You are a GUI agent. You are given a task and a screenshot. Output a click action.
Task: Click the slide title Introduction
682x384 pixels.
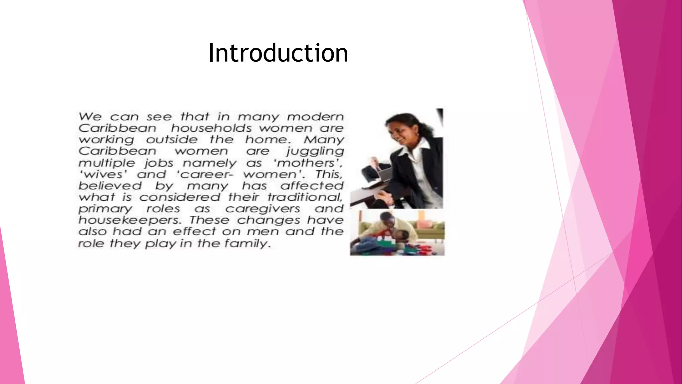(278, 53)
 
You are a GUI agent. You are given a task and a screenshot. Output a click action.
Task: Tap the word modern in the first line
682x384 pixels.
(315, 117)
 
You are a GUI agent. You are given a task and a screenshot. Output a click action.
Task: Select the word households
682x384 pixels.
(211, 128)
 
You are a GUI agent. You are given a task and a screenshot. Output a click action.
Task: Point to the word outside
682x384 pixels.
(171, 140)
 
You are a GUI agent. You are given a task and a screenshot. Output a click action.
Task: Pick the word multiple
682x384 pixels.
(107, 163)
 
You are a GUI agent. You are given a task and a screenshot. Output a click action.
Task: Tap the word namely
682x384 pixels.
(209, 163)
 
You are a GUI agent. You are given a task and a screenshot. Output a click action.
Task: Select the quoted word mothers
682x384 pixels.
(307, 163)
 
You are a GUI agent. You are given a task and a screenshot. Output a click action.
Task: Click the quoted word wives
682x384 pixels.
(103, 174)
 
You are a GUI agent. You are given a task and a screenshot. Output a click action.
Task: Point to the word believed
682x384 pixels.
(110, 186)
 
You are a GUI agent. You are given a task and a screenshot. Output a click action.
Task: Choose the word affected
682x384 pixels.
(312, 186)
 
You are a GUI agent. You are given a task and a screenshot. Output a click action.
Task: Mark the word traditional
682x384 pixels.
(305, 197)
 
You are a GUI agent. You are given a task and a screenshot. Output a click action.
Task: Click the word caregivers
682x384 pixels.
(263, 209)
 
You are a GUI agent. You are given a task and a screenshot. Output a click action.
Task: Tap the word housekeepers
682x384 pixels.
(130, 220)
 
